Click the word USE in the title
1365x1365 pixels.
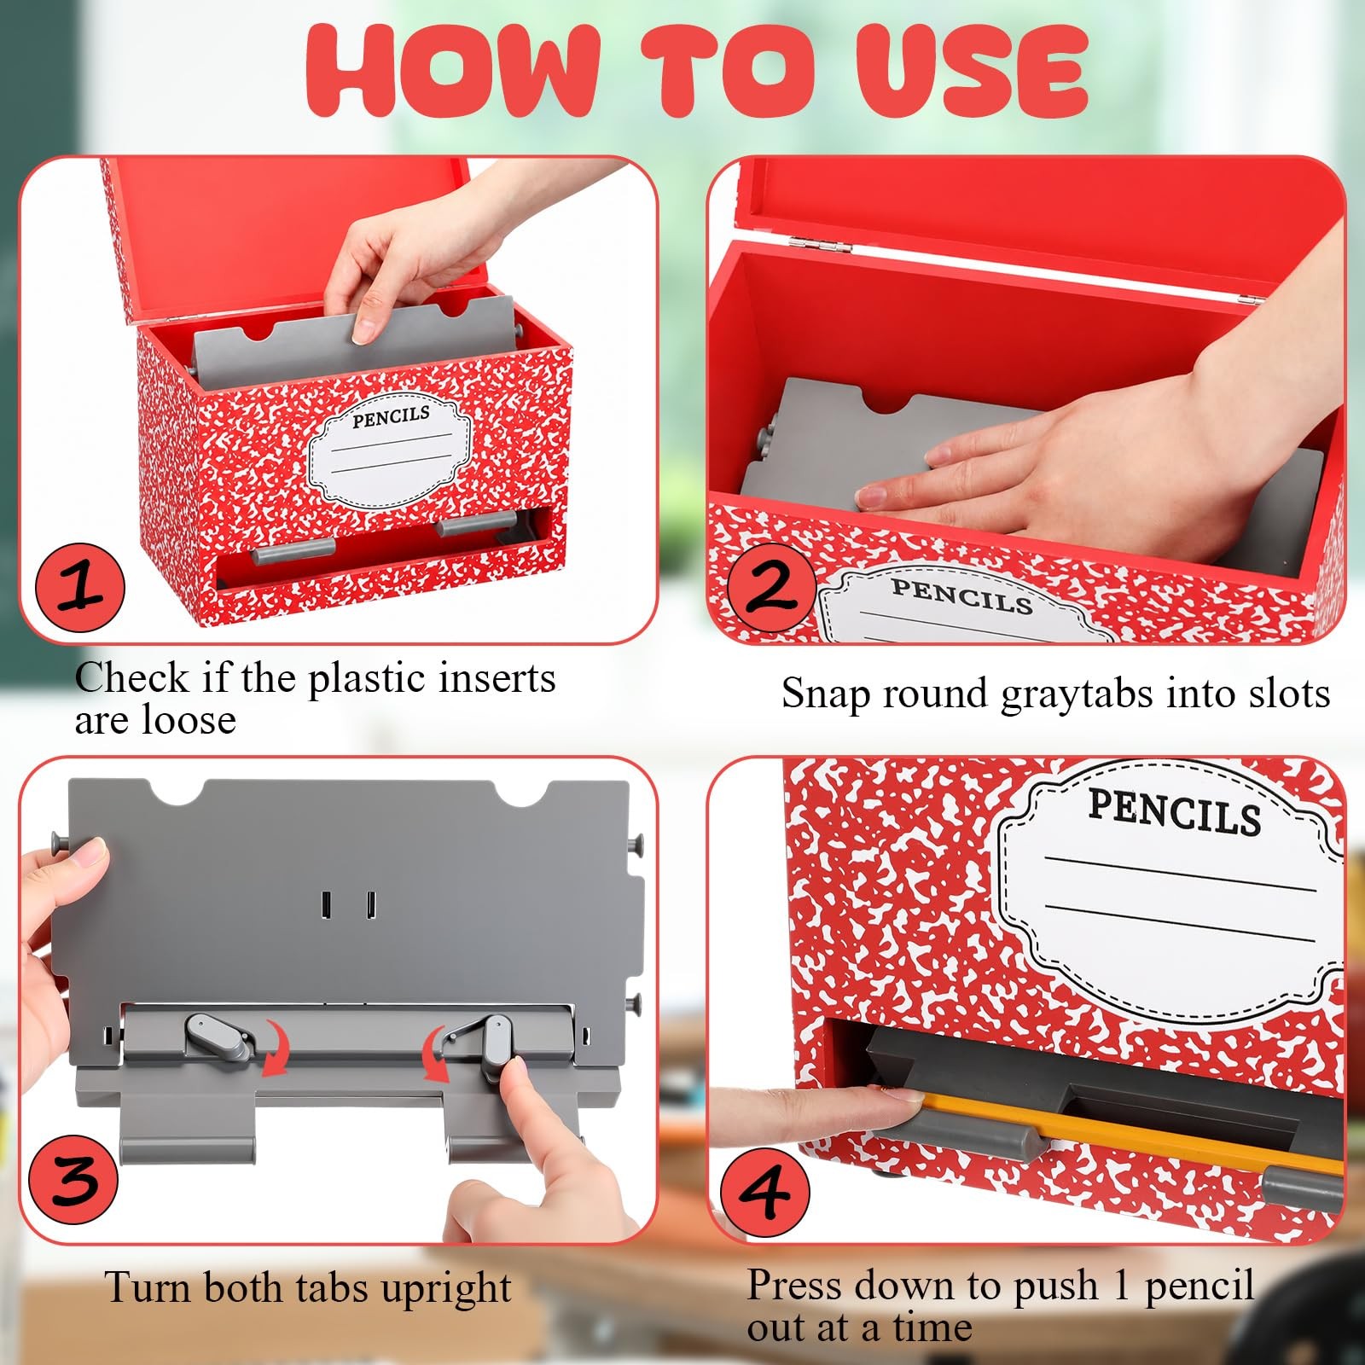pos(973,71)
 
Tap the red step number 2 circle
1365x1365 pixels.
pos(771,587)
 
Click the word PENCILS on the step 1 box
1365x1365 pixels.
pos(392,417)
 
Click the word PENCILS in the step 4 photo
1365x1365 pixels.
pos(1174,811)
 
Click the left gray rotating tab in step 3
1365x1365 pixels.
pos(220,1037)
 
